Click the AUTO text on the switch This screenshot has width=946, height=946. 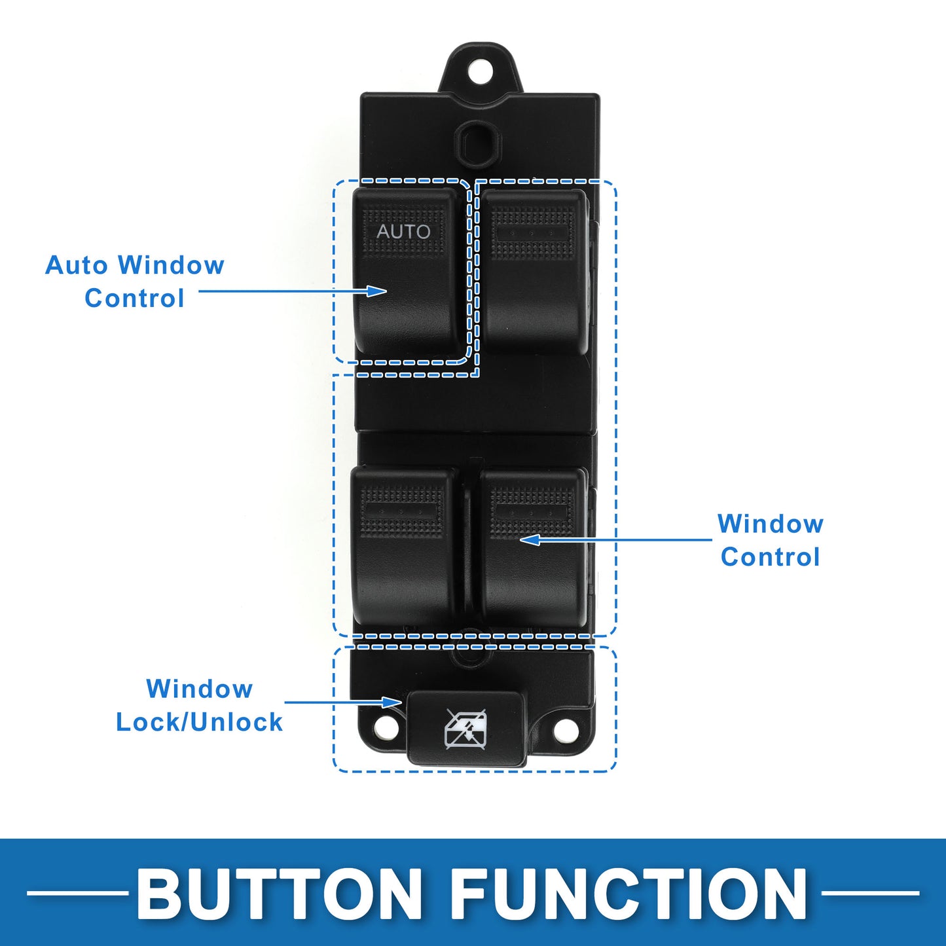click(x=403, y=231)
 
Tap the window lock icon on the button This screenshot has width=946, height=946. click(x=465, y=728)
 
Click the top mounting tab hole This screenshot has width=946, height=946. click(x=480, y=71)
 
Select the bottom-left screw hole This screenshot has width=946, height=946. click(x=386, y=727)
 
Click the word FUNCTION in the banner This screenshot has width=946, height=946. click(x=628, y=893)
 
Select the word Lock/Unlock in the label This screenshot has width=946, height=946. click(x=199, y=722)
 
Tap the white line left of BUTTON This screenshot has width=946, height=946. click(x=77, y=892)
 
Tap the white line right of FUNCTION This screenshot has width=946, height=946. click(x=870, y=892)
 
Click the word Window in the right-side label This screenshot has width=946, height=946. click(x=771, y=524)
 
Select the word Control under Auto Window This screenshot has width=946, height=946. click(x=134, y=299)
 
